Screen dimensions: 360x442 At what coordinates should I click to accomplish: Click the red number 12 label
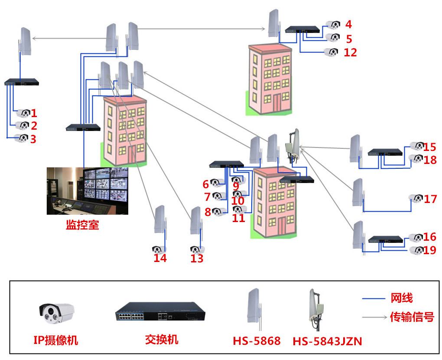350,52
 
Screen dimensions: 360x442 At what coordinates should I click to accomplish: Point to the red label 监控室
82,225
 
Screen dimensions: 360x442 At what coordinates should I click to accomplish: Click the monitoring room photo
88,191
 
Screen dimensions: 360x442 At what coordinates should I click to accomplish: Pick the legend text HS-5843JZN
327,341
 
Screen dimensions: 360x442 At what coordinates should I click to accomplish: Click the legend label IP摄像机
56,340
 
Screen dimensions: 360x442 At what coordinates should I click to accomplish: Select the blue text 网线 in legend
402,298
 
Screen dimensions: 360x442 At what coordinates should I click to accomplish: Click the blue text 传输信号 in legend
412,317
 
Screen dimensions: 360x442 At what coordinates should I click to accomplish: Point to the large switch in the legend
160,312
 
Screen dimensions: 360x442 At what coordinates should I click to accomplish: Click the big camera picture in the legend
57,312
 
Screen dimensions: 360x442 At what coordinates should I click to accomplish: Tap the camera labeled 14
159,249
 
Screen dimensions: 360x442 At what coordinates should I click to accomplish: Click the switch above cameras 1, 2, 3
22,82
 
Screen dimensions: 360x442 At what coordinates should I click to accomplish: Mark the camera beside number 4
333,24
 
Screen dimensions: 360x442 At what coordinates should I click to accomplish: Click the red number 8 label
208,212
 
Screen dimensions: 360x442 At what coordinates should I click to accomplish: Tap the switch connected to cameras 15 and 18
385,152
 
